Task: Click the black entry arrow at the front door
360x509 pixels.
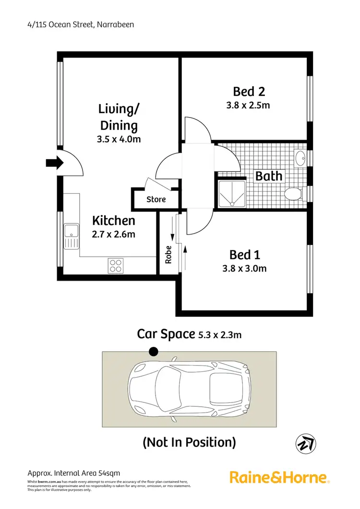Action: (x=54, y=163)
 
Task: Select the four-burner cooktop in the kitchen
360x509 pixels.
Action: (x=115, y=265)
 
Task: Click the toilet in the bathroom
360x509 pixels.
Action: (x=293, y=194)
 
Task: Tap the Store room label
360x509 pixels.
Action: (x=156, y=200)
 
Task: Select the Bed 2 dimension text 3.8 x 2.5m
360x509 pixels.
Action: (x=248, y=105)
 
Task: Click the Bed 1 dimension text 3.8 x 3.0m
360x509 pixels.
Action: (x=244, y=268)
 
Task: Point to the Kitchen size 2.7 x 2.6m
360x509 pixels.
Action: (x=114, y=235)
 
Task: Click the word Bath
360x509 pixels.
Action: (x=269, y=176)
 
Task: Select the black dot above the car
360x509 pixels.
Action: (x=153, y=352)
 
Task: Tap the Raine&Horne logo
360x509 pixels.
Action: (x=279, y=477)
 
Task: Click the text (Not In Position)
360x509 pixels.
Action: (x=189, y=442)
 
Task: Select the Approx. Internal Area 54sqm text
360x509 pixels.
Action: (x=72, y=473)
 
